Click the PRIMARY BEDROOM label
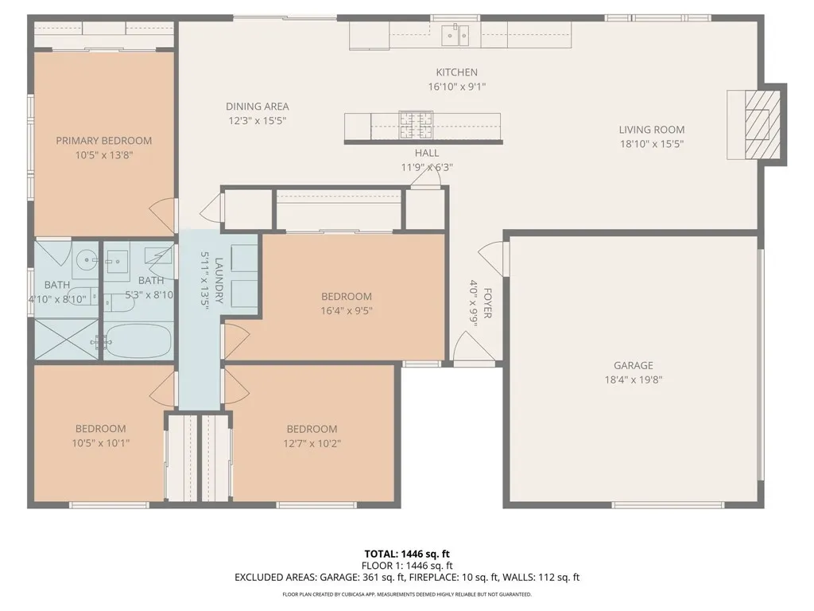[x=104, y=141]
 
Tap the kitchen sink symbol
[x=455, y=35]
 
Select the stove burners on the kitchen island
[x=415, y=125]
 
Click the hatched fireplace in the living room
[x=762, y=125]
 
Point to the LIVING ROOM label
[x=652, y=130]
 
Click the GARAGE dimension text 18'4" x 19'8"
[x=634, y=379]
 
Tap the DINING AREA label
[x=257, y=107]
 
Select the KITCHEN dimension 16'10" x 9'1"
[x=457, y=87]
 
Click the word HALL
[x=427, y=154]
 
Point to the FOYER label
[x=487, y=303]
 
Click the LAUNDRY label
[x=219, y=281]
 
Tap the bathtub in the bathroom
[x=139, y=341]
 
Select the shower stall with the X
[x=66, y=339]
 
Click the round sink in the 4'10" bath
[x=86, y=259]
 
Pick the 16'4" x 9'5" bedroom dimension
[x=347, y=311]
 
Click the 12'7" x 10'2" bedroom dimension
[x=312, y=444]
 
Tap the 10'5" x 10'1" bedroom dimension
[x=100, y=443]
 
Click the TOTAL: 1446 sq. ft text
[x=406, y=554]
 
